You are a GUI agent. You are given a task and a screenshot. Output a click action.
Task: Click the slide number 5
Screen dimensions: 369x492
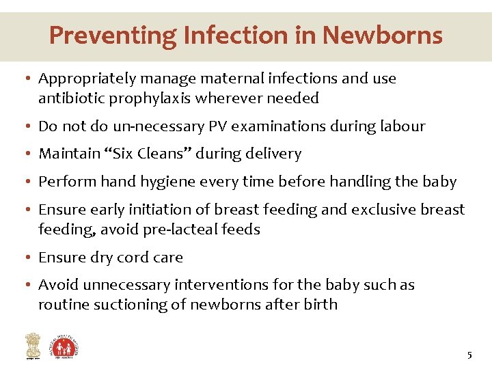point(469,355)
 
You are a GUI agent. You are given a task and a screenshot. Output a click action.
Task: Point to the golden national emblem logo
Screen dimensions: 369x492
point(32,345)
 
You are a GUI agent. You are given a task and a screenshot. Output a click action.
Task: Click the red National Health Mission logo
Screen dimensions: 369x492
point(66,344)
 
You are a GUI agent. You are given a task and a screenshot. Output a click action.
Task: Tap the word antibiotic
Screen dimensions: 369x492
point(70,98)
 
